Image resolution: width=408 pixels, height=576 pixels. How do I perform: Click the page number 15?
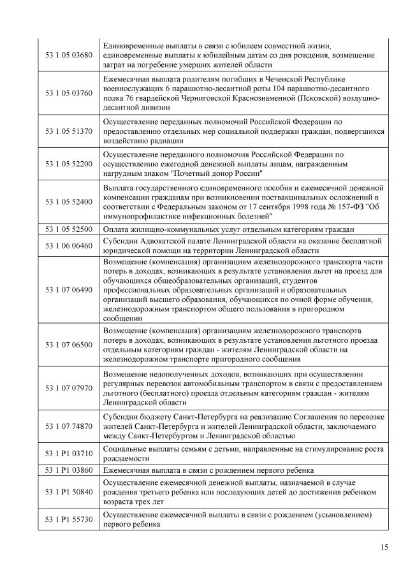383,547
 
